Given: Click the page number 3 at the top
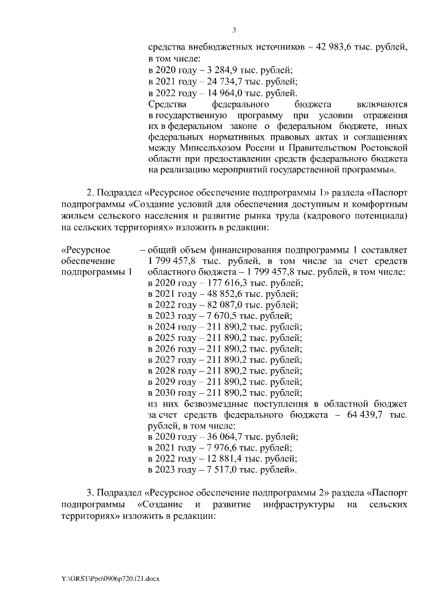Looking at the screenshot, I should click(x=235, y=29).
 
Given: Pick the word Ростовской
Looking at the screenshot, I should click(x=374, y=150).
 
